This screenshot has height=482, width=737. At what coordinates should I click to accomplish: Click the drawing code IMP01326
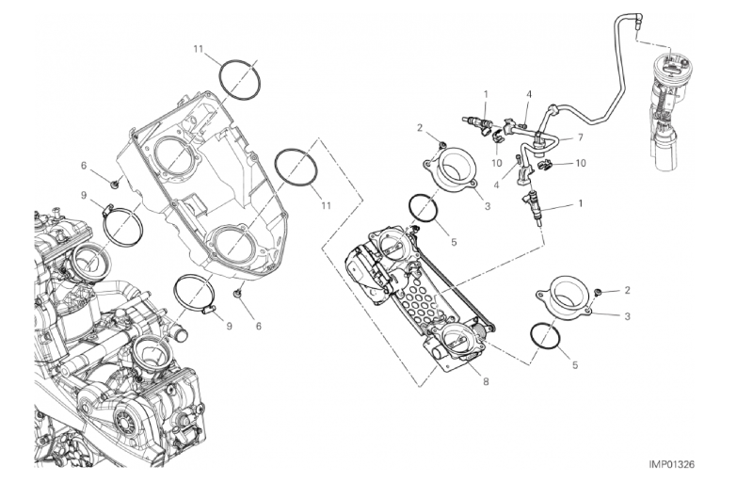tap(671, 465)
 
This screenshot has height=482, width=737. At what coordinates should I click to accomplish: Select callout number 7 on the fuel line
tap(580, 137)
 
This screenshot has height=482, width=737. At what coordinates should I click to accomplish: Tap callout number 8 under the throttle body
tap(486, 382)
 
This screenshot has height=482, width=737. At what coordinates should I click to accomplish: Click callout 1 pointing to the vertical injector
tap(580, 203)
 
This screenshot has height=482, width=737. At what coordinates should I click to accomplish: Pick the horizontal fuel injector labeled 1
tap(478, 123)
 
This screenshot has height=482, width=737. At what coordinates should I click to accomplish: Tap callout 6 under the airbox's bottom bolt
tap(258, 326)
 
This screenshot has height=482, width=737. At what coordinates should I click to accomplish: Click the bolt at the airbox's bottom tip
tap(238, 294)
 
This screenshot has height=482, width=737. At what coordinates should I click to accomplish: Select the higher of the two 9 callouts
tap(84, 194)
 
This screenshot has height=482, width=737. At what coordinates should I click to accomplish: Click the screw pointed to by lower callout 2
tap(599, 293)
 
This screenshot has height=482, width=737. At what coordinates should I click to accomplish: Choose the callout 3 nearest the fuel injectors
tap(487, 206)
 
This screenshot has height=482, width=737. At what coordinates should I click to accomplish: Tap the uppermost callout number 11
tap(198, 48)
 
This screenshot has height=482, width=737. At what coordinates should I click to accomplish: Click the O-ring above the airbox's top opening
tap(240, 80)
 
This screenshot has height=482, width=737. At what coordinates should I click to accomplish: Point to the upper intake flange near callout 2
tap(452, 171)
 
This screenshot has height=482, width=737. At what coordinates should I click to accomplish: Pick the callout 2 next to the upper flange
tap(420, 127)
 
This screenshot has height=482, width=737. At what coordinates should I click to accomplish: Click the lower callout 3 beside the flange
tap(627, 316)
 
